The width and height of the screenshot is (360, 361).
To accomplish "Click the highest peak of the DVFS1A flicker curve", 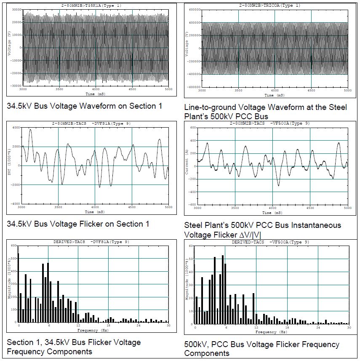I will (30, 130).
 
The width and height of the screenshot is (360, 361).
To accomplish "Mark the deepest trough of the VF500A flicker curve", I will (278, 185).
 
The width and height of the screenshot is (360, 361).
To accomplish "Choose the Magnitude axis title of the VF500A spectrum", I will (187, 284).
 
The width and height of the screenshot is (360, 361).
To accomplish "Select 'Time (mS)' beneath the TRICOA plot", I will (274, 95).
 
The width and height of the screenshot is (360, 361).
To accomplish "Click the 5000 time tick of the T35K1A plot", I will (168, 89).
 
